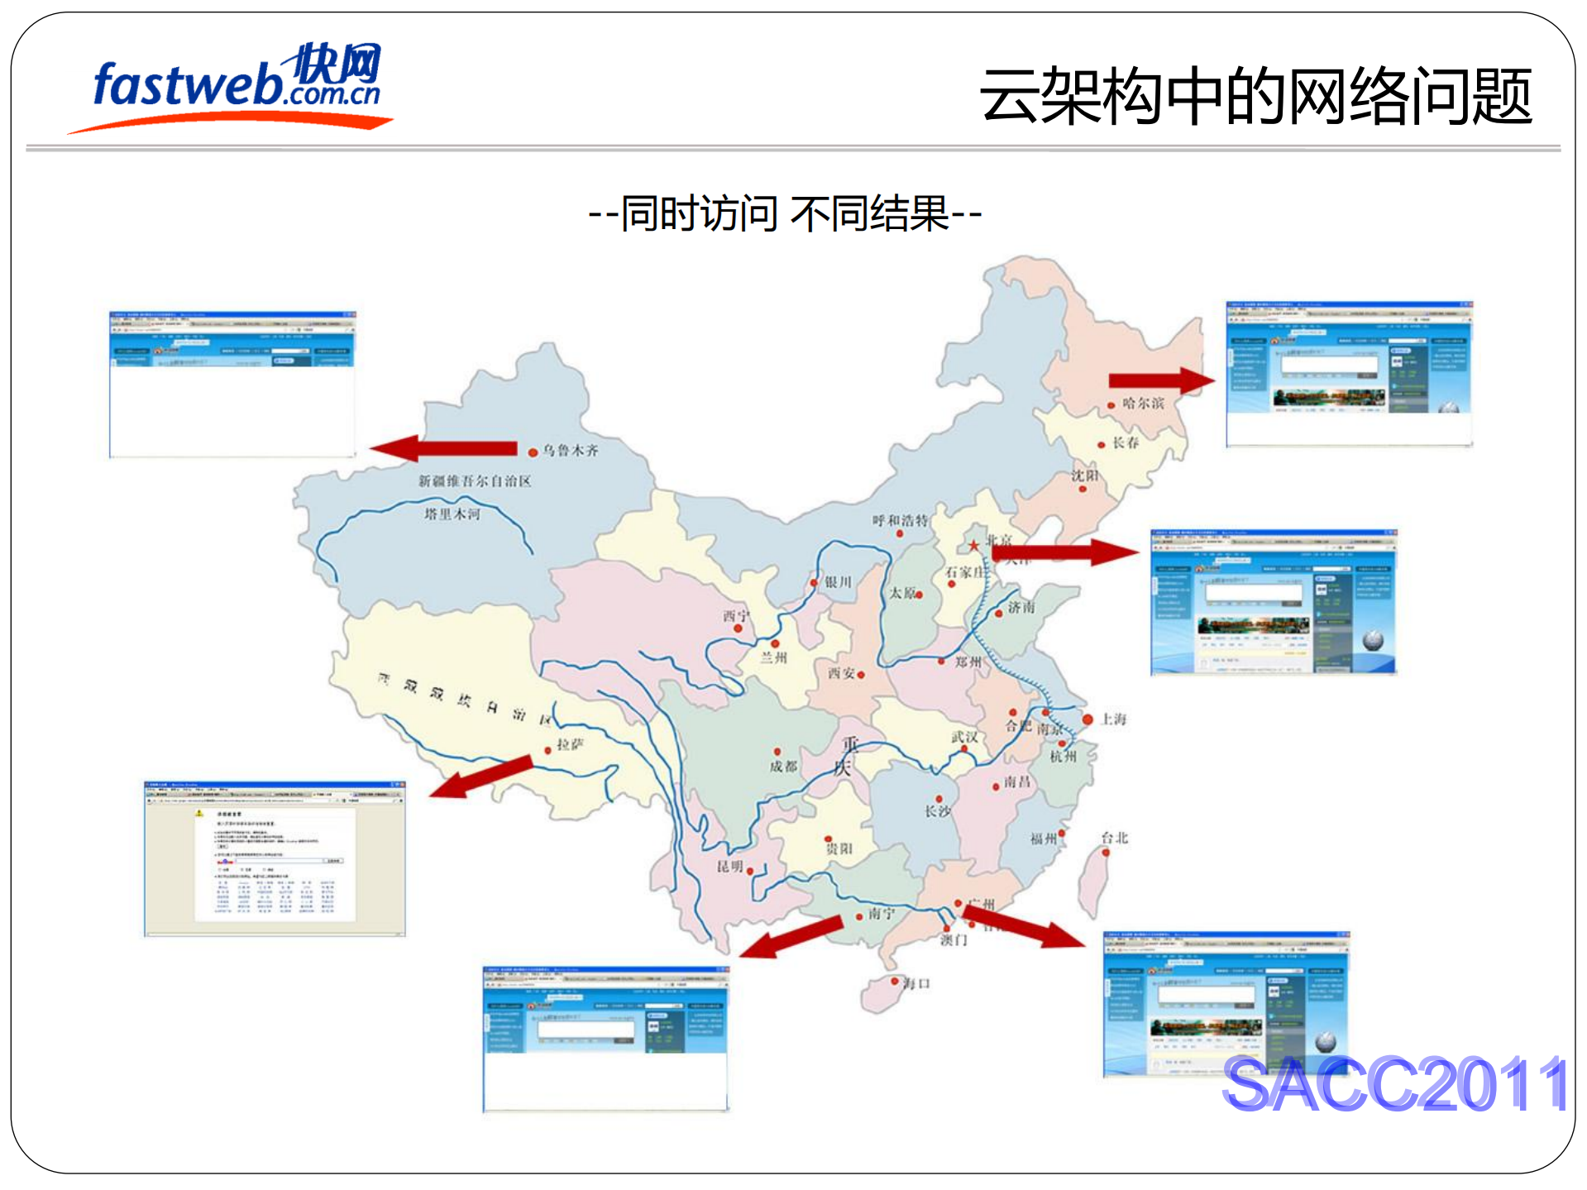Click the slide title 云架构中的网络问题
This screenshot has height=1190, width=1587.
1255,98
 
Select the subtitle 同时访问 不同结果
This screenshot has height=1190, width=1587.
784,214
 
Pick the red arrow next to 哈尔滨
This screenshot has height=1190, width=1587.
1161,380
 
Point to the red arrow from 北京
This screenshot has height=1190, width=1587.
1067,552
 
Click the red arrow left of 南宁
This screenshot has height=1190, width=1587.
791,937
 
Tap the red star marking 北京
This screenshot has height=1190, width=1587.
974,546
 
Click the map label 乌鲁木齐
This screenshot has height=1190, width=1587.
570,451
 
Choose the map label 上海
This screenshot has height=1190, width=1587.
1113,719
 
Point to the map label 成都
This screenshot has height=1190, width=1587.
783,767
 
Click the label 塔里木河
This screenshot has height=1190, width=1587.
452,514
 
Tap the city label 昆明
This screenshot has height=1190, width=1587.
730,867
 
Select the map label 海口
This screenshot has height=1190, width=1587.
916,983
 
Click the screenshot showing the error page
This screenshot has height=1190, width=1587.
275,858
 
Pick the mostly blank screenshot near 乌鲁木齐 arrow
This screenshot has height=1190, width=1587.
232,384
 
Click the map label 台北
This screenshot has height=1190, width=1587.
1114,838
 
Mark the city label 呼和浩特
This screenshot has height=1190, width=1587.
900,520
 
